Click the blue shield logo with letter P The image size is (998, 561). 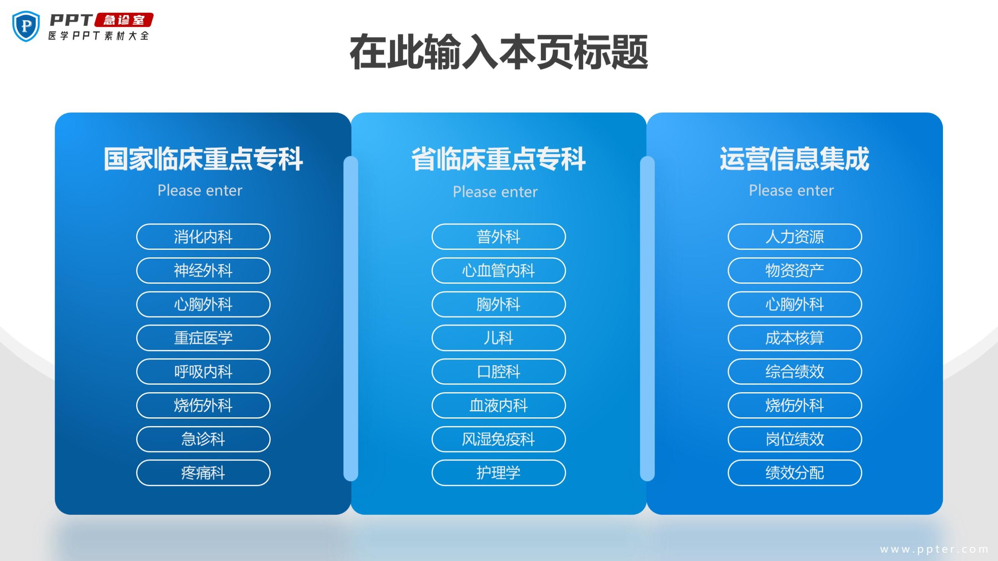(26, 26)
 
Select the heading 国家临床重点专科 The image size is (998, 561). (203, 159)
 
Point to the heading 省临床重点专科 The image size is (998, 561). (499, 159)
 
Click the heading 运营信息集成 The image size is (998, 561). (794, 159)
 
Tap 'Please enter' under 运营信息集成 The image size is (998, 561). (791, 190)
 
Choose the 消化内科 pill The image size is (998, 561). (203, 237)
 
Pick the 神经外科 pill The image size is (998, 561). (203, 271)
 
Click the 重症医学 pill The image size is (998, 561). (203, 338)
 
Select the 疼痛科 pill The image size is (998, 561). (203, 473)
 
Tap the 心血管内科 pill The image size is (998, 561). (499, 271)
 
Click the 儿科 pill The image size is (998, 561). (499, 338)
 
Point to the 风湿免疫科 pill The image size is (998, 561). (499, 439)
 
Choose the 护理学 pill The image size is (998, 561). (499, 473)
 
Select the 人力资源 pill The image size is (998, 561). (795, 237)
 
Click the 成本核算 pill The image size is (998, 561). (795, 338)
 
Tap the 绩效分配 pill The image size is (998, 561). (795, 473)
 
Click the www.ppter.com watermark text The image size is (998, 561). (934, 549)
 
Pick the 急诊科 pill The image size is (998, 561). (203, 439)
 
